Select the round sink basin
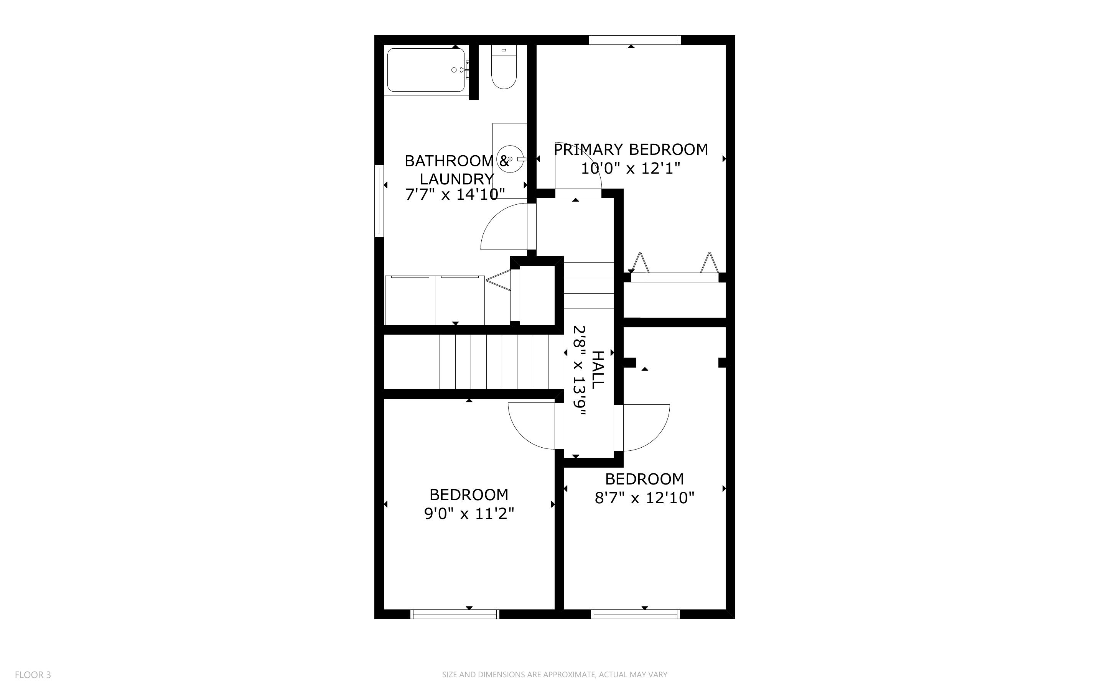tap(509, 159)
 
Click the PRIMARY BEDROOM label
tap(631, 149)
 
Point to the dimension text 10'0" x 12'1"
tap(631, 168)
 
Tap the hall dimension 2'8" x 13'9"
tap(580, 370)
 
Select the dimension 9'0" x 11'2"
tap(469, 514)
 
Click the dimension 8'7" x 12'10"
tap(645, 498)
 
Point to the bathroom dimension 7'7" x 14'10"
tap(455, 194)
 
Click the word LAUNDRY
tap(457, 179)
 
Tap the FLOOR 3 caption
tap(33, 675)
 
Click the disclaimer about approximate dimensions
tap(555, 675)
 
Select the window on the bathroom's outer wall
tap(379, 201)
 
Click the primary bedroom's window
tap(635, 40)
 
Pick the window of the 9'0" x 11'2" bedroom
tap(455, 614)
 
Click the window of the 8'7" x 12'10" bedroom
tap(636, 614)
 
